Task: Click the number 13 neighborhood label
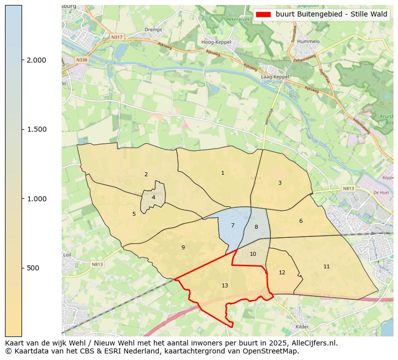point(225,285)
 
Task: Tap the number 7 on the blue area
point(233,225)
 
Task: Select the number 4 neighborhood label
point(153,197)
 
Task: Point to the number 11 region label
point(326,266)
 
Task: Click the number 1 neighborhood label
point(223,173)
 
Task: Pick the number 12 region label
point(282,272)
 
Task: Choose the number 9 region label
point(183,247)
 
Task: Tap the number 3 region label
point(280,183)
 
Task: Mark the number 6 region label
point(301,221)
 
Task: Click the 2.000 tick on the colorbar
point(36,60)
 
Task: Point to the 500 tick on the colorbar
point(33,268)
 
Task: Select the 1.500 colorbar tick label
point(36,129)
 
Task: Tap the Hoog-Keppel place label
point(216,42)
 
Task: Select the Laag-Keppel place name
point(275,77)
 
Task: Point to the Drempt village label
point(153,30)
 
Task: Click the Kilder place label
point(302,326)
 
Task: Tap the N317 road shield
point(116,37)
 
